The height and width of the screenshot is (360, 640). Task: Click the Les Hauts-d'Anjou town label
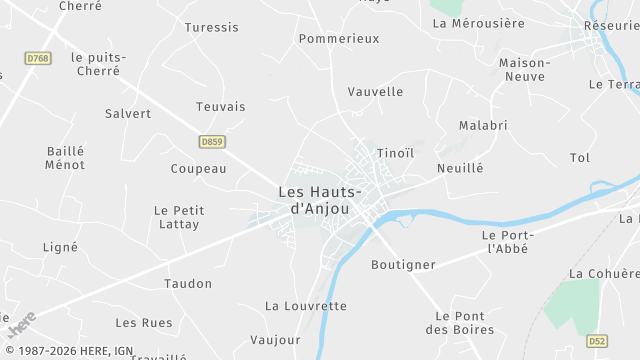(x=319, y=200)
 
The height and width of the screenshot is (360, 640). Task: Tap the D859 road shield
(x=211, y=142)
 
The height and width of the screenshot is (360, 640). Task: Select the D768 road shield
(x=38, y=59)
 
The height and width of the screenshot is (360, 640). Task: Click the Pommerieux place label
(x=339, y=38)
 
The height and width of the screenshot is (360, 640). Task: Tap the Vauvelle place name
(x=375, y=91)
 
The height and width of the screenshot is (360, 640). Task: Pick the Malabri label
(x=483, y=125)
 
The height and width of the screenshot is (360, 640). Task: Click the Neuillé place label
(x=460, y=169)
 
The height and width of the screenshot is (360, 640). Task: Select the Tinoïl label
(x=395, y=153)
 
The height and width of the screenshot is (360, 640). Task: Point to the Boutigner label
(x=403, y=264)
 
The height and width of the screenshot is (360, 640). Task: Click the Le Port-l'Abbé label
(x=505, y=241)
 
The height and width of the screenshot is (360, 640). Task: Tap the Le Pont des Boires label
(x=460, y=323)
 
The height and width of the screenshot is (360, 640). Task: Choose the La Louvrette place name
(x=306, y=305)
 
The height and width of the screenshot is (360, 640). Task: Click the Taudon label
(x=189, y=283)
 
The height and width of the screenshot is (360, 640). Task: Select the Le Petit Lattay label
(x=177, y=217)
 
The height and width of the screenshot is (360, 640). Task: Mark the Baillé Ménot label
(x=66, y=158)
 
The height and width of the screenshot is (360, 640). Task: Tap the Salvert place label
(x=128, y=113)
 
